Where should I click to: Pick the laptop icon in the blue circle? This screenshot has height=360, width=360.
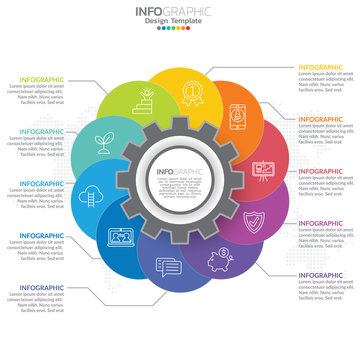click(122, 238)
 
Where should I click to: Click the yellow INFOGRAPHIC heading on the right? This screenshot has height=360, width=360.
click(321, 68)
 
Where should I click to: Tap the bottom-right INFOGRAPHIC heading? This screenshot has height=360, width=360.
click(321, 275)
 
